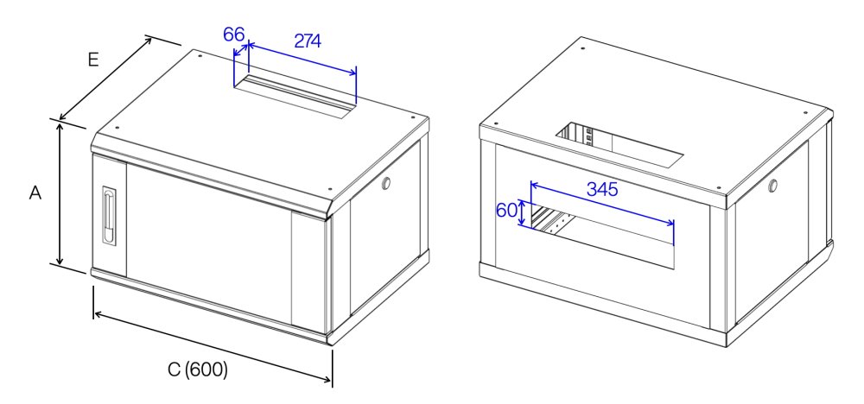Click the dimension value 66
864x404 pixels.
tap(233, 35)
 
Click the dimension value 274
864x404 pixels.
tap(308, 41)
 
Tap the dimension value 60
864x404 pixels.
tap(507, 211)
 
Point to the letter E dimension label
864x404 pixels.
tap(93, 60)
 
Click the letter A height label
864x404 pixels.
tap(35, 193)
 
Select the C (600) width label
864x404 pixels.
tap(198, 369)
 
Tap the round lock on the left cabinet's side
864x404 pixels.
tap(385, 182)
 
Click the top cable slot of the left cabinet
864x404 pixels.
tap(295, 98)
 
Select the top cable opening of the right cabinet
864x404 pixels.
tap(619, 144)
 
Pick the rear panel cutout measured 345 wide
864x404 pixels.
tap(602, 237)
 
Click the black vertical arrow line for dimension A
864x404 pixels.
tap(60, 193)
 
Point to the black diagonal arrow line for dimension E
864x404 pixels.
tap(105, 79)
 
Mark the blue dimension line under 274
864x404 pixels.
tap(302, 57)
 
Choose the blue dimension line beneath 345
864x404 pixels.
tap(602, 205)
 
